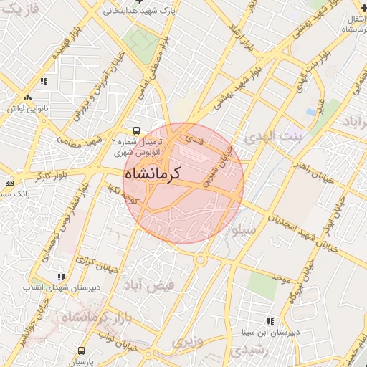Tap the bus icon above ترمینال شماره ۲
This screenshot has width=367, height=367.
(136, 131)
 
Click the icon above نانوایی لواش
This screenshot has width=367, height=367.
(27, 97)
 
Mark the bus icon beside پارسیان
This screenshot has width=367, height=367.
(81, 351)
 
